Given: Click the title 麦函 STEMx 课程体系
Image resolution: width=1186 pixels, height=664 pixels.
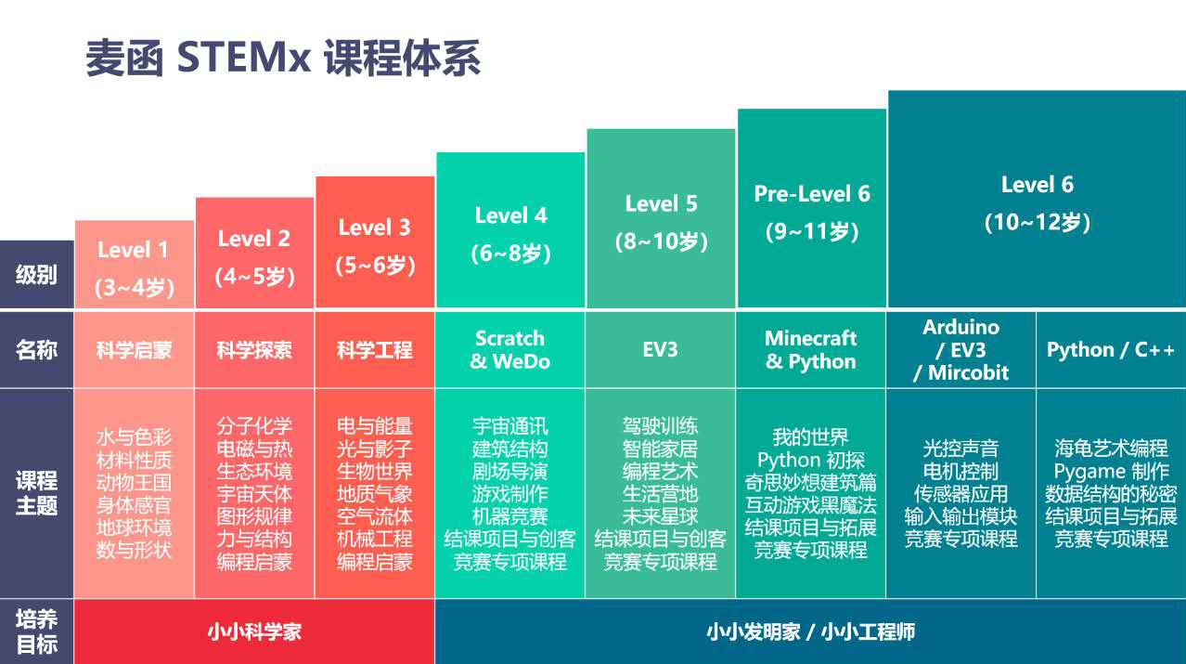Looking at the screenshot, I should (x=283, y=58).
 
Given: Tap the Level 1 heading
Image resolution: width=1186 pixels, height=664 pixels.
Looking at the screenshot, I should (x=134, y=250).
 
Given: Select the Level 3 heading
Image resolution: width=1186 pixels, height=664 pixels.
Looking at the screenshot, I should (x=374, y=228).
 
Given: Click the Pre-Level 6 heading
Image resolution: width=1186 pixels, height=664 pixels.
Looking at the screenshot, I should (x=812, y=194).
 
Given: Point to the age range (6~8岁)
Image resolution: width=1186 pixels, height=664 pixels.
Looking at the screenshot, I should (x=511, y=254).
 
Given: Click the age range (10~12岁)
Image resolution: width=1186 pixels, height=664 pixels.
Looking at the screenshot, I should (x=1037, y=223).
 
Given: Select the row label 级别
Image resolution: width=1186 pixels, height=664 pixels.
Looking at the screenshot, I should (x=36, y=275).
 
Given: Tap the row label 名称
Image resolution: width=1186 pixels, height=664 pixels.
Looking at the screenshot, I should (x=36, y=350).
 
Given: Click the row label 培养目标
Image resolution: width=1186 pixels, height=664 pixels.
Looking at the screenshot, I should (x=36, y=631).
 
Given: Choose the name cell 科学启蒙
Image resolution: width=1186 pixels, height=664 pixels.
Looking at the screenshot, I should (x=134, y=351).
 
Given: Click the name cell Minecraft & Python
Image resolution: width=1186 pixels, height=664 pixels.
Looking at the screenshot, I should (x=811, y=350).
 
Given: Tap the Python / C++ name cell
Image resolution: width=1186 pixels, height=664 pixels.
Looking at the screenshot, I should (x=1111, y=350).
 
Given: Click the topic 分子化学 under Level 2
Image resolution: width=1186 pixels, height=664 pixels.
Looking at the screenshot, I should (x=254, y=426).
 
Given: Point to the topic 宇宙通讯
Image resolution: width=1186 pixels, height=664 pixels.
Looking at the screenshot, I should (x=510, y=426).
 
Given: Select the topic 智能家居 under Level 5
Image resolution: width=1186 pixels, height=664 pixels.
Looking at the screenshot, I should (x=660, y=449).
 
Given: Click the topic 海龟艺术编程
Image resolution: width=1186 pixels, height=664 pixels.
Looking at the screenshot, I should (x=1111, y=449).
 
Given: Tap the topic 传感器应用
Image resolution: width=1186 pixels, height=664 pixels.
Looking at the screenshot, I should (x=960, y=494).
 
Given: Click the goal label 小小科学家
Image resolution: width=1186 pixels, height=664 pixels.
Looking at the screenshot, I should (x=254, y=632).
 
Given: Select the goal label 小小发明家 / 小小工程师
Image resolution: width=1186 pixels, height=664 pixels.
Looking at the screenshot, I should (x=810, y=632).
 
